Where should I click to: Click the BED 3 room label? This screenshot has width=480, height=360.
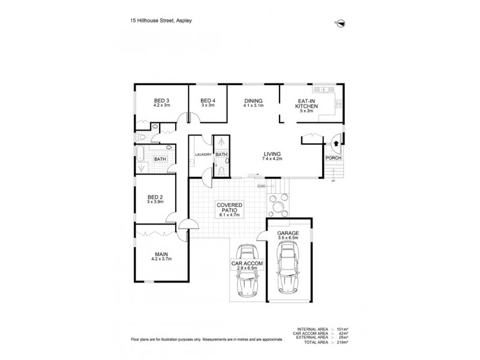coord(161,100)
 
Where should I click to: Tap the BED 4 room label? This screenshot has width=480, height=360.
coord(208,100)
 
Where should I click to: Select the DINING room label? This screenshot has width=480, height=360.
coord(253,101)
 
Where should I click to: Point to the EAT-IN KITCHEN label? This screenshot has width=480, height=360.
coord(307,103)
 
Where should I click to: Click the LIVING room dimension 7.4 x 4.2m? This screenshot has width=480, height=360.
coord(272,158)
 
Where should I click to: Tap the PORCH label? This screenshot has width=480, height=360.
coord(334,158)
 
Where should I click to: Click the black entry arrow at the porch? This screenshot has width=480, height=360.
coord(336,143)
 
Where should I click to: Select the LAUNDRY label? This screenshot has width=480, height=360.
coord(203,155)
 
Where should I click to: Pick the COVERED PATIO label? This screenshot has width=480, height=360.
coord(230,208)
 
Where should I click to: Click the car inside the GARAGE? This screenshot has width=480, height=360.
coord(288,267)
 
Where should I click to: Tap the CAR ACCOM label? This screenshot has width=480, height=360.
coord(247,263)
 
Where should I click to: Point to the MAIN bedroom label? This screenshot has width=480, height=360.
coord(161,254)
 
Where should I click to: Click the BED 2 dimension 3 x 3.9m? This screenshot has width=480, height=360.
coord(155,202)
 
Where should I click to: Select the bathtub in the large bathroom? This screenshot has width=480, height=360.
coord(140,154)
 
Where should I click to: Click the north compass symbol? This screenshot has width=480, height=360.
coord(340,23)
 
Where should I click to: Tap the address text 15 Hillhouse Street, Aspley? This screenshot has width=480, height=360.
coord(161,20)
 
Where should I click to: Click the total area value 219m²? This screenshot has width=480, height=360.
coord(343,342)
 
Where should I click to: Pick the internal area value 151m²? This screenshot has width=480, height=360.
coord(343,329)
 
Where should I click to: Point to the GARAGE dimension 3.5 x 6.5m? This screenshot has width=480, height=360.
coord(288,238)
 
